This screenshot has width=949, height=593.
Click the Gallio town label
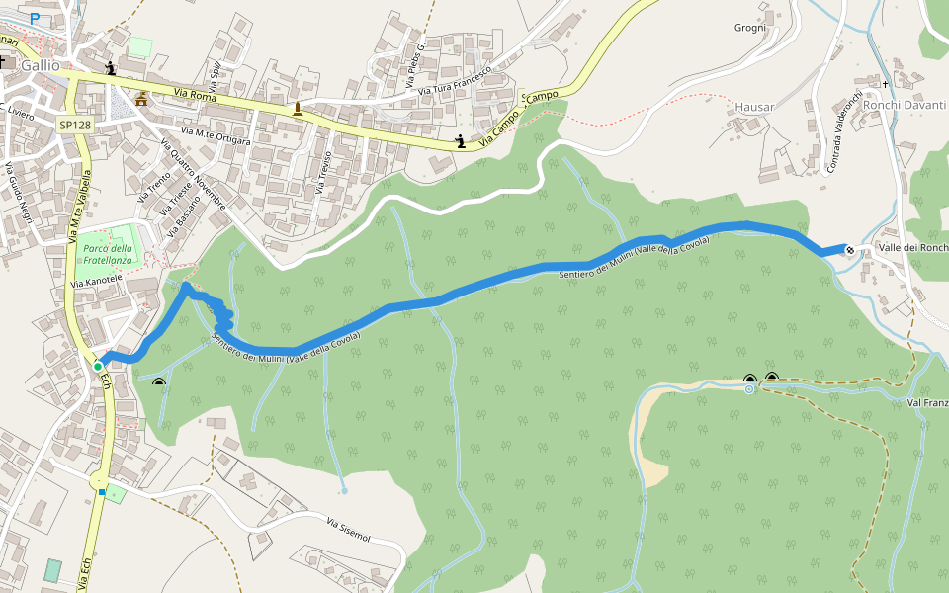[40, 65]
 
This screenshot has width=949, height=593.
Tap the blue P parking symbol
[35, 20]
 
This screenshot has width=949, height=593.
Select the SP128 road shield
[74, 125]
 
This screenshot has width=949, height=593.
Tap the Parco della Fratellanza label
[108, 254]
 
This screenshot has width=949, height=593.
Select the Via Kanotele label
[96, 282]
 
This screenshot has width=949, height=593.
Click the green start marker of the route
[98, 367]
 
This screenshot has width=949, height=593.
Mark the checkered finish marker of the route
[849, 249]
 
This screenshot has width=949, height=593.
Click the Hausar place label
[754, 106]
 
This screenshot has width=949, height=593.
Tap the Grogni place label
[750, 27]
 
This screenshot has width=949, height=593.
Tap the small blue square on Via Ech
[102, 491]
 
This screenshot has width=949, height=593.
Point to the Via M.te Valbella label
[80, 209]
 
